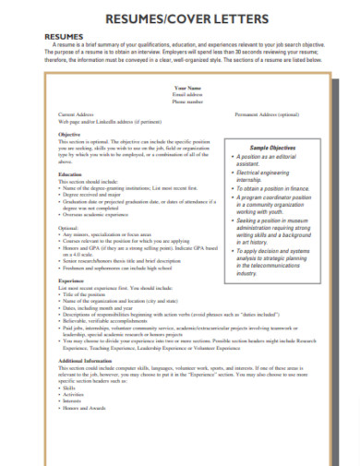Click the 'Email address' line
point(186,94)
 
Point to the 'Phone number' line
point(186,102)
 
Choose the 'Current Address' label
point(75,114)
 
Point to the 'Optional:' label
point(69,227)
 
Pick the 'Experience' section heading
point(72,281)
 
